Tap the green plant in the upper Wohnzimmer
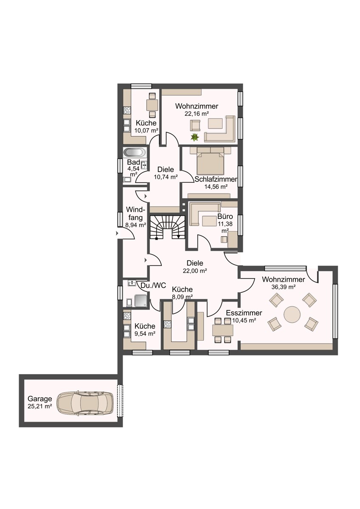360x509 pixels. [195, 137]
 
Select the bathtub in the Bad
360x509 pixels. [134, 152]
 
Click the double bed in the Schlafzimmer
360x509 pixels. [210, 161]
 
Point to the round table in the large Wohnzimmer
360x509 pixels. [292, 314]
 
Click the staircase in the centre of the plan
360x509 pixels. [168, 227]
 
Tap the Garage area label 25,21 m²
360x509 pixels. [40, 406]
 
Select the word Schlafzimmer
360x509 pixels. [216, 179]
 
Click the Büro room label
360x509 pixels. [225, 216]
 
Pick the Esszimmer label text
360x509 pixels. [244, 313]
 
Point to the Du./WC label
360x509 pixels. [153, 285]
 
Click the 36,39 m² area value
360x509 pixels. [283, 287]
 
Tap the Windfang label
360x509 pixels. [135, 213]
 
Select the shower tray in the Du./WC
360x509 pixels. [141, 300]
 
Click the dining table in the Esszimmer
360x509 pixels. [222, 330]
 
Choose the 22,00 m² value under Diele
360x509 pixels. [195, 271]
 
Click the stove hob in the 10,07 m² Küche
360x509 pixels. [127, 110]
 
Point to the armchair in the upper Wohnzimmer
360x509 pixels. [195, 125]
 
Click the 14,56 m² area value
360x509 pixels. [216, 187]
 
